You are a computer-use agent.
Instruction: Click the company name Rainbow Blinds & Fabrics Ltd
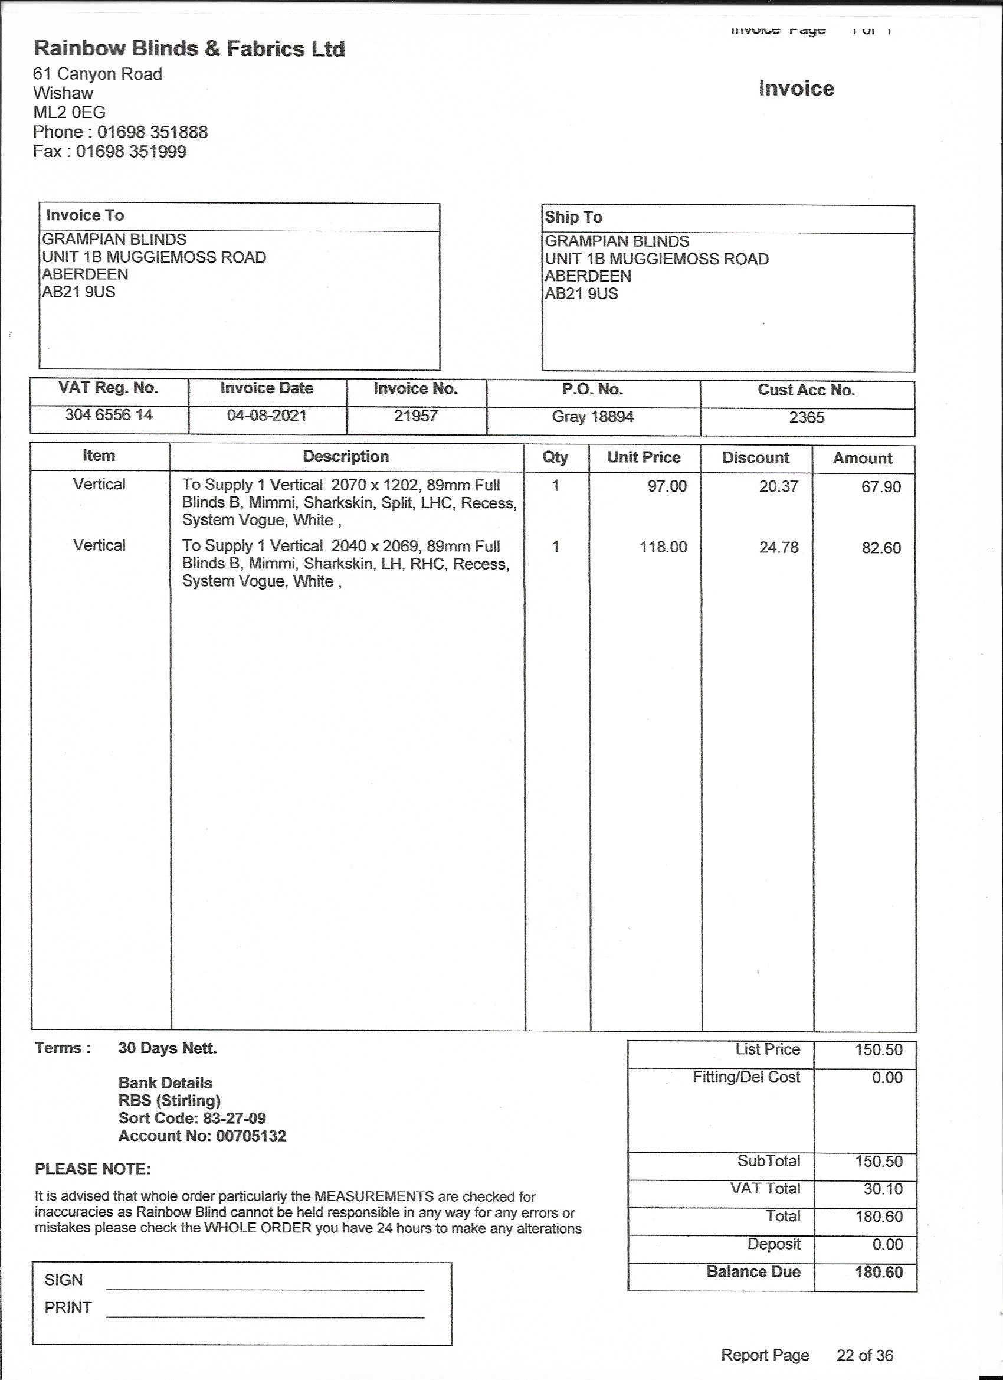[x=189, y=48]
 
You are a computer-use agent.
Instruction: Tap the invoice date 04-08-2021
[x=267, y=416]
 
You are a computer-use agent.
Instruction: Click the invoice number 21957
[x=415, y=416]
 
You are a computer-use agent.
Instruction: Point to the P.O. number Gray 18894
[x=592, y=417]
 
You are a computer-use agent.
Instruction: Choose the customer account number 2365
[x=807, y=417]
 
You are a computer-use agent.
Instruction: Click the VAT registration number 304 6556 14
[x=109, y=415]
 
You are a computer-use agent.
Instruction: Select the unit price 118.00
[x=663, y=547]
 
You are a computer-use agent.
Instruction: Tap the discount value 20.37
[x=779, y=486]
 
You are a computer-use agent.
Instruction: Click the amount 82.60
[x=881, y=548]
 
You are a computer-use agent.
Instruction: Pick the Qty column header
[x=555, y=457]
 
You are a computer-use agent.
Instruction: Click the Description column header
[x=346, y=456]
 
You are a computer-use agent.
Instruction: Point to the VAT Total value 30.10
[x=883, y=1189]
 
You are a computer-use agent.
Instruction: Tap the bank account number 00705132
[x=251, y=1136]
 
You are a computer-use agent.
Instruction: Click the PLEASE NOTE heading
[x=93, y=1169]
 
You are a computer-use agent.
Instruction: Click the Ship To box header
[x=573, y=217]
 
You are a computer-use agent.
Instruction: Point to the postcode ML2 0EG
[x=70, y=113]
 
